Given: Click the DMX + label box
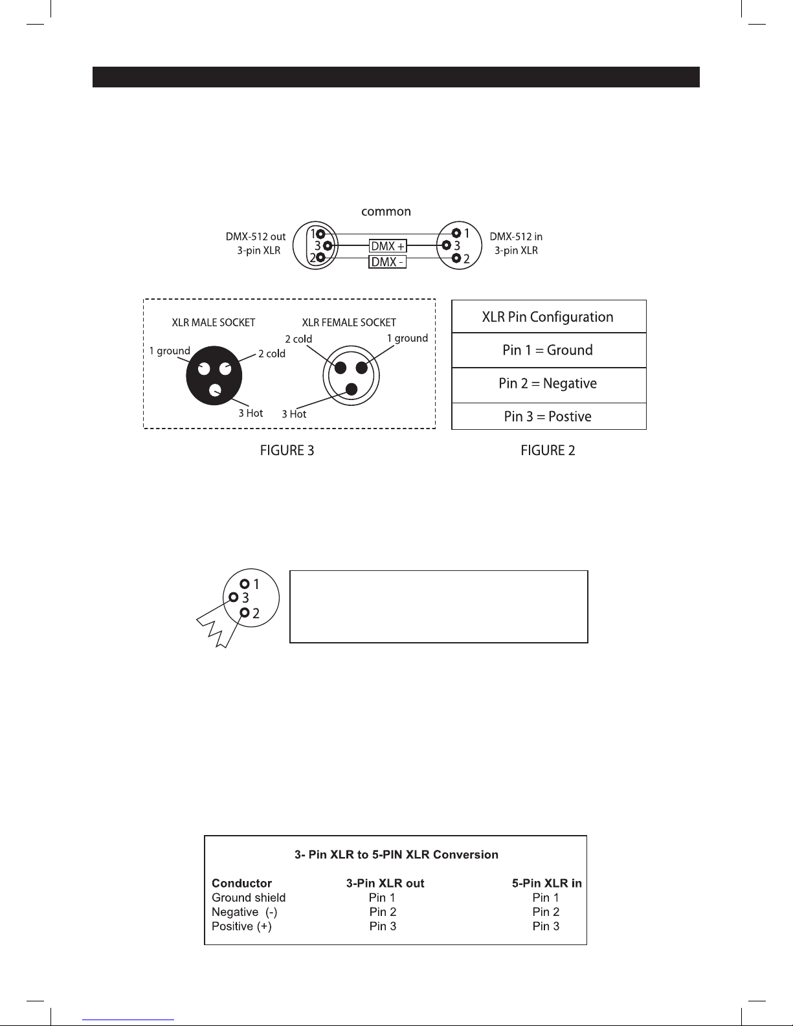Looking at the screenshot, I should [x=388, y=247].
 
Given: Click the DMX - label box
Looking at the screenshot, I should [x=387, y=262].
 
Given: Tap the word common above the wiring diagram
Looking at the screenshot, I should [x=386, y=212].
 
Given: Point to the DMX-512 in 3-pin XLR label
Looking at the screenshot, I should [x=516, y=243].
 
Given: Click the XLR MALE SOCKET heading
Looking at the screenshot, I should [x=213, y=322].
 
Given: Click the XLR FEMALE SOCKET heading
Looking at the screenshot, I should [x=349, y=322].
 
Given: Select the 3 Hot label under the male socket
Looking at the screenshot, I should [x=251, y=413].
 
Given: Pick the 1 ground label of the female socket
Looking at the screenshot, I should [x=407, y=339].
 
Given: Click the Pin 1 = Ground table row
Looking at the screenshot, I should [x=548, y=350].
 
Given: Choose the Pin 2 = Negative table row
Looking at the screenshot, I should [x=548, y=384].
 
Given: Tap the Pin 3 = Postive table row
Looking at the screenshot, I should [x=548, y=416].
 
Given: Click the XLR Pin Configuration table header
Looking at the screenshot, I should [x=548, y=317].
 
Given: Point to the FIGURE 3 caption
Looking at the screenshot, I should [x=287, y=451].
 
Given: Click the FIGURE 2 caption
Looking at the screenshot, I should [x=548, y=451].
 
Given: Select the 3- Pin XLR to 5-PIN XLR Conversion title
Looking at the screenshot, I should [x=396, y=854].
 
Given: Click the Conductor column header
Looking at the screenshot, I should [x=241, y=883].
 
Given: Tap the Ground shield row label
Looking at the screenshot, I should [x=249, y=898].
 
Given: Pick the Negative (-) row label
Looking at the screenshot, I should [x=245, y=912].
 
